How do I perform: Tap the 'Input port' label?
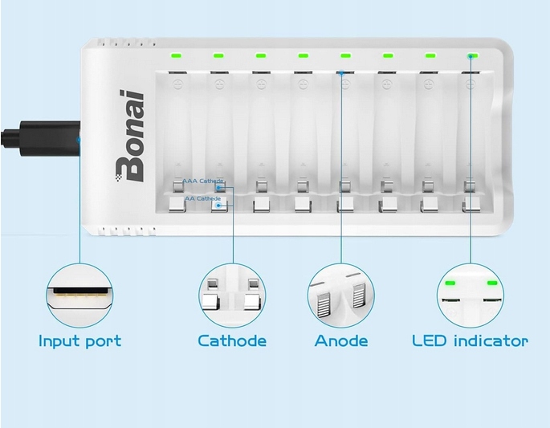tap(79, 341)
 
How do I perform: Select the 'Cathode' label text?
tap(232, 341)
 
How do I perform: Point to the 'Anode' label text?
tap(341, 341)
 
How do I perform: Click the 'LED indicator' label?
tap(470, 341)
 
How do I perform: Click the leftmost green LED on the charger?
tap(176, 56)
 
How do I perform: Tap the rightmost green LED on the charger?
tap(471, 56)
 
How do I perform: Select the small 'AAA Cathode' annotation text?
tap(202, 181)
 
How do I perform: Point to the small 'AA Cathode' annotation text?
tap(202, 198)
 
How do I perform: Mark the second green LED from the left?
tap(218, 56)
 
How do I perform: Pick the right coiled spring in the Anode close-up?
tap(359, 302)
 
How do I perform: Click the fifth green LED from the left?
tap(345, 56)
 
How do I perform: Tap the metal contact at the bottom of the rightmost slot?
tap(470, 206)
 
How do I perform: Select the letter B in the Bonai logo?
tap(128, 166)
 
